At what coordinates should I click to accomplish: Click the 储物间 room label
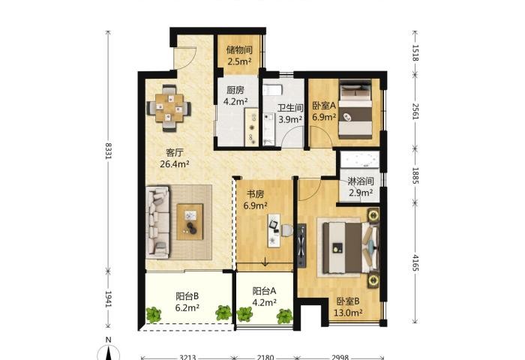point(239,50)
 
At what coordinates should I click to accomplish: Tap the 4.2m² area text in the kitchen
point(235,101)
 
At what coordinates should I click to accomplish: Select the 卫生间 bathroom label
point(290,108)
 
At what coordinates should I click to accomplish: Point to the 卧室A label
point(324,106)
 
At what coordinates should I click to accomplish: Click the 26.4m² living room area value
point(175,164)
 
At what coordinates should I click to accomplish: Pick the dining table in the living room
point(169,108)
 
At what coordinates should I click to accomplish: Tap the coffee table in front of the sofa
point(190,222)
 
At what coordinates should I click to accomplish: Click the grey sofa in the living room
point(157,222)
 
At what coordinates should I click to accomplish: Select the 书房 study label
point(256,194)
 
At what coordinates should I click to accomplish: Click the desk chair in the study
point(287,230)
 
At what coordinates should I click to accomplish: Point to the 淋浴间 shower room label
point(361,181)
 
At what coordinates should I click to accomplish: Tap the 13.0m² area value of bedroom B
point(348,313)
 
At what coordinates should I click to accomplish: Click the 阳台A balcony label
point(264,291)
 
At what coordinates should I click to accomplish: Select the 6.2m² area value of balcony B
point(187,307)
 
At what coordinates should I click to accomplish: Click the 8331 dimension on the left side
point(108,151)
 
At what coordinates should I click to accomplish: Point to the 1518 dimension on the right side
point(415,53)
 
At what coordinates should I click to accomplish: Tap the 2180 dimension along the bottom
point(265,357)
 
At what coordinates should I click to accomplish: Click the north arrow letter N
point(108,340)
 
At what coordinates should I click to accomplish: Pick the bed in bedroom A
point(355,109)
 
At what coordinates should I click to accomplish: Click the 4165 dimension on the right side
point(415,263)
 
